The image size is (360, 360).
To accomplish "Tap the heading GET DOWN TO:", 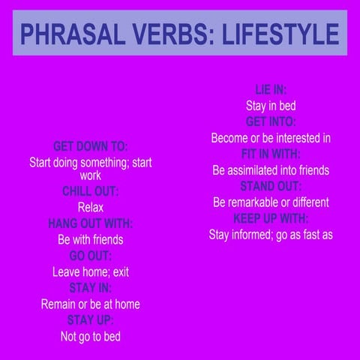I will (90, 146).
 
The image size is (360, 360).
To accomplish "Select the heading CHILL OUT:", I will (90, 191).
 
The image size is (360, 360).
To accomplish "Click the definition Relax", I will (90, 207).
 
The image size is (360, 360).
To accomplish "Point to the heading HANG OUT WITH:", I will (90, 223).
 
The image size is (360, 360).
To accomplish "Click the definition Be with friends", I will (90, 240).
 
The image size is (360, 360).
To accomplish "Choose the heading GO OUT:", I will (90, 256).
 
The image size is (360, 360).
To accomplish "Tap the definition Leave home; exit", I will (90, 272).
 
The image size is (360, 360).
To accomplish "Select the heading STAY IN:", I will (90, 288).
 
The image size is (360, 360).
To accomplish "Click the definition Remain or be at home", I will (90, 304).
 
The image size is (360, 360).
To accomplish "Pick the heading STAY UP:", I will (90, 320).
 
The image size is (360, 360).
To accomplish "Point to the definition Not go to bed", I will (90, 337).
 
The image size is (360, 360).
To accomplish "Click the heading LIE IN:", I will (271, 89).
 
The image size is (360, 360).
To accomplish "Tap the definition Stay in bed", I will (271, 106).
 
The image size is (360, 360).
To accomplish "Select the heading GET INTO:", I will (271, 121).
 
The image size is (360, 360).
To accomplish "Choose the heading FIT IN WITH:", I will (271, 154).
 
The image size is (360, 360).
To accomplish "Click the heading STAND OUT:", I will (271, 186).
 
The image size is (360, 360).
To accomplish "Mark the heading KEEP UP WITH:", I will (271, 218).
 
